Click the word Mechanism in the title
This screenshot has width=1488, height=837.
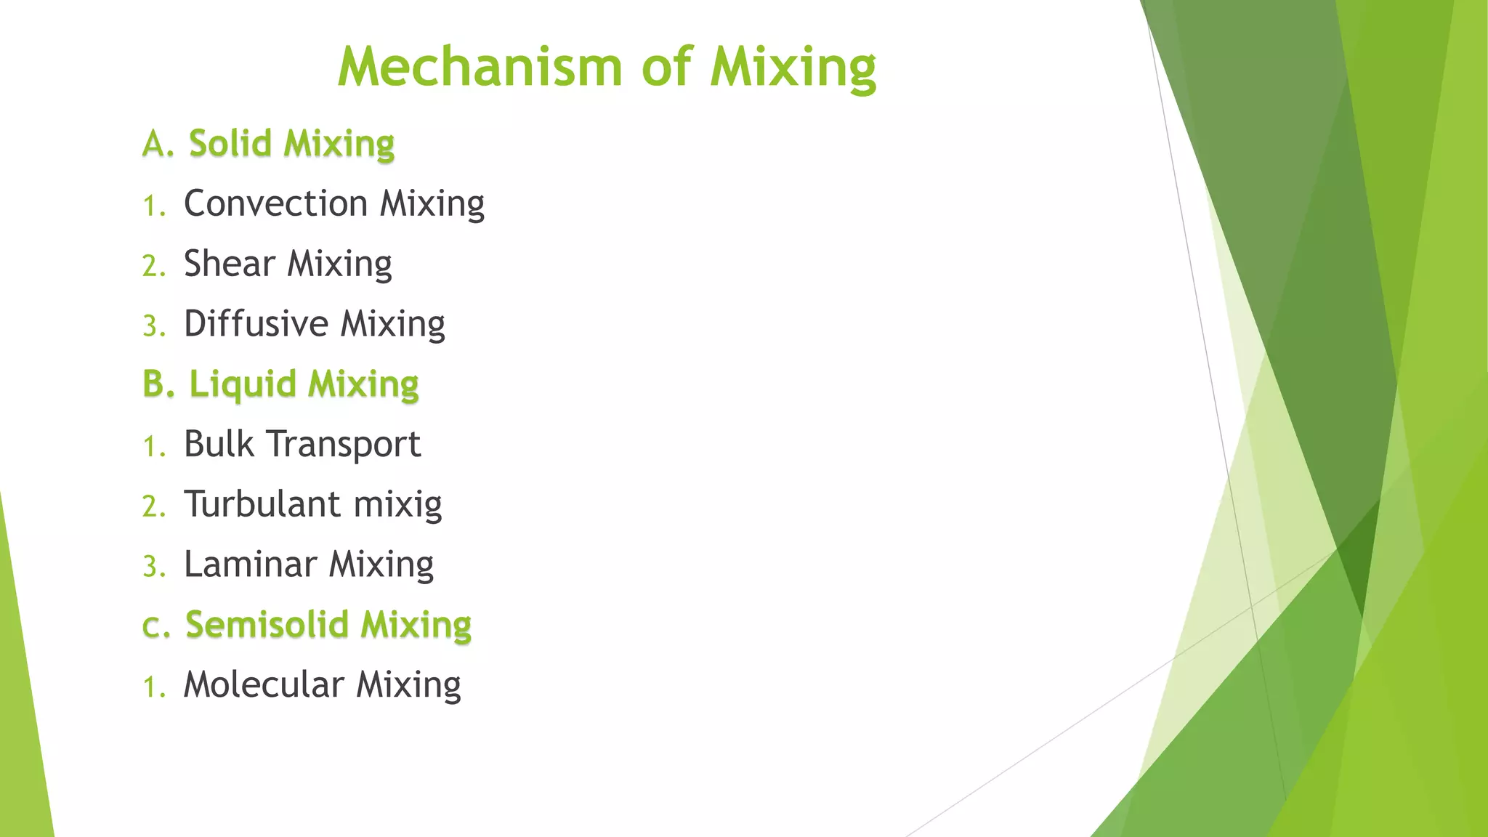coord(480,68)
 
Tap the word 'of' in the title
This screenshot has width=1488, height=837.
coord(666,68)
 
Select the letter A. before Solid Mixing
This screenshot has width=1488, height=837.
coord(158,144)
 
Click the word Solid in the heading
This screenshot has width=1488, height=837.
coord(230,143)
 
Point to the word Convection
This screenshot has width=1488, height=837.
coord(275,203)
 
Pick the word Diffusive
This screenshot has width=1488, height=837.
coord(256,324)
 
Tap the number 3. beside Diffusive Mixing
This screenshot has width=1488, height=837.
coord(153,326)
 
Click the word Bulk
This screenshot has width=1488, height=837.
coord(219,444)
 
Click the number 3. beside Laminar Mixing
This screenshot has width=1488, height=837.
coord(153,567)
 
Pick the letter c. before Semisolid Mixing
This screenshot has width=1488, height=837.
coord(155,627)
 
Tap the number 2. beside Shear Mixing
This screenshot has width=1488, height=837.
coord(153,266)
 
